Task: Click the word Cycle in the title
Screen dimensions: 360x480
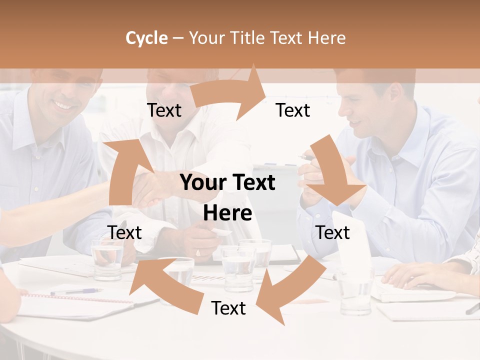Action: point(146,38)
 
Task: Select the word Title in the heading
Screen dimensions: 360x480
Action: point(246,38)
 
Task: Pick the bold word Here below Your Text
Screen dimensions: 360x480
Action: point(227,213)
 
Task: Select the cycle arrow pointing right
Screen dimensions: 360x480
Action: point(230,92)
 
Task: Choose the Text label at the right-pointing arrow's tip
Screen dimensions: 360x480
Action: point(293,110)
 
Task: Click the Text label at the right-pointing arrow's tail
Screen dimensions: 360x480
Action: point(164,110)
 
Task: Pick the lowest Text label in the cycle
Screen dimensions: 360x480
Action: point(228,308)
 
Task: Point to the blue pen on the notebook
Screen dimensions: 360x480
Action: point(75,291)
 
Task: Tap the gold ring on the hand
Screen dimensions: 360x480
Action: point(197,253)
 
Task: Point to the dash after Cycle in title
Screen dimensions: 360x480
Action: point(178,38)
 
